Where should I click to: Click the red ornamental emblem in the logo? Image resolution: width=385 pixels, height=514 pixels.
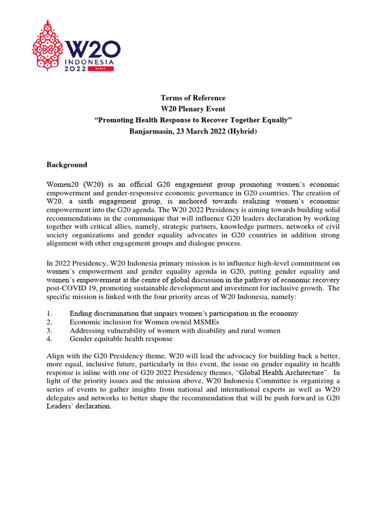point(48,46)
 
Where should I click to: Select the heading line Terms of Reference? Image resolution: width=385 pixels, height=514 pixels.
point(192,98)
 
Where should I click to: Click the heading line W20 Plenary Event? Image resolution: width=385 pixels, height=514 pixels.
point(192,108)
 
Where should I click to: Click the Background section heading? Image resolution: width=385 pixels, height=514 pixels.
point(67,165)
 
